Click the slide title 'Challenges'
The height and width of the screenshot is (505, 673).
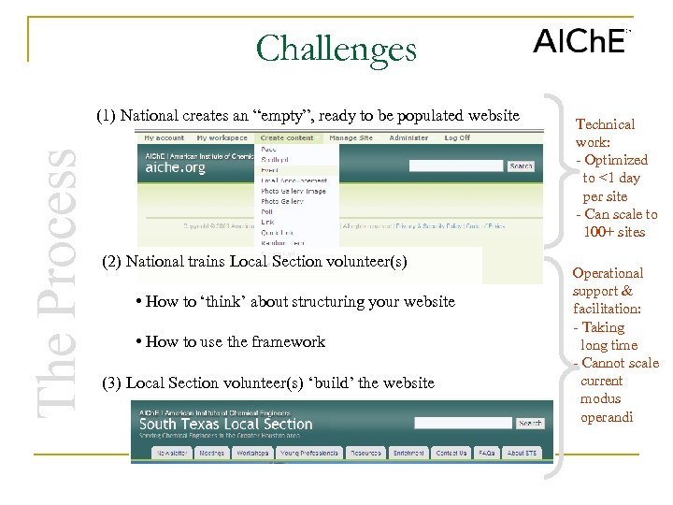point(336,49)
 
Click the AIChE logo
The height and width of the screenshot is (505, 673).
point(580,42)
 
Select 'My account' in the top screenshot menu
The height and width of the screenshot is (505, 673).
point(164,137)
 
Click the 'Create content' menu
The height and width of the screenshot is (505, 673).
point(287,137)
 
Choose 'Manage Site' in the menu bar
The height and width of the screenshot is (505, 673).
point(351,137)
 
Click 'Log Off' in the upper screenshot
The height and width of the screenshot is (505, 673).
point(457,137)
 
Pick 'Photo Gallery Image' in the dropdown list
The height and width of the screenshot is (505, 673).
point(293,191)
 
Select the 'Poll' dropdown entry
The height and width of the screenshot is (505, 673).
point(267,212)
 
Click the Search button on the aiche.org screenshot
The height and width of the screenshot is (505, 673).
point(521,166)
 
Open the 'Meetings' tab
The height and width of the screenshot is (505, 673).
point(212,453)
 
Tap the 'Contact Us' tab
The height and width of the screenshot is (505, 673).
point(451,453)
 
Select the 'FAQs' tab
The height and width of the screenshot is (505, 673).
point(487,453)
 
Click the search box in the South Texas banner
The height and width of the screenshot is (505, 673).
point(462,423)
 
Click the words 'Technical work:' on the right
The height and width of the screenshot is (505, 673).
point(605,133)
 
